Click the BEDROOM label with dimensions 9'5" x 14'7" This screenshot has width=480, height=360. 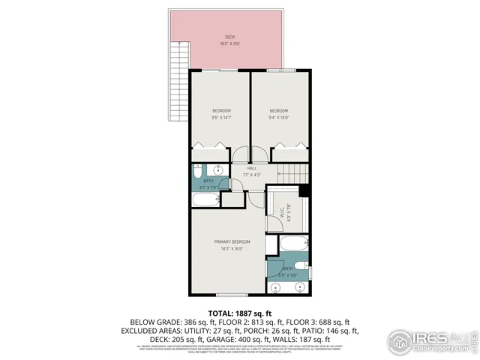220,114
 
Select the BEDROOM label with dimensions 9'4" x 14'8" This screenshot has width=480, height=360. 279,114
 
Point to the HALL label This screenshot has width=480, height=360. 252,172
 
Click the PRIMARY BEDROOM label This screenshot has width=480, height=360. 232,245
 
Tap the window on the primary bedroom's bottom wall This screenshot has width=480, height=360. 230,295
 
